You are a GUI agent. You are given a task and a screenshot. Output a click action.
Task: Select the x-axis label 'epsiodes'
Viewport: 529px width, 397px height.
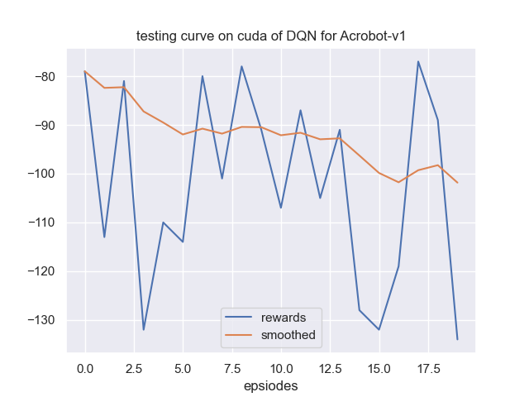click(271, 385)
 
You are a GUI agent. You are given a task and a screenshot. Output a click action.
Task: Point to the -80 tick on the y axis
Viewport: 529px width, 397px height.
click(45, 77)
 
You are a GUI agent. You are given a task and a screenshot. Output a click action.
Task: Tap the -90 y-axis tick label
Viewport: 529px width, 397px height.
click(45, 126)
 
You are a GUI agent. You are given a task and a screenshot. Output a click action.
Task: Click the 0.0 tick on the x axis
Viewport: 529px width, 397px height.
click(85, 366)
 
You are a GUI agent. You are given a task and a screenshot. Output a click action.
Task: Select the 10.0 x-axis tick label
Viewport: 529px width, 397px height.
click(281, 366)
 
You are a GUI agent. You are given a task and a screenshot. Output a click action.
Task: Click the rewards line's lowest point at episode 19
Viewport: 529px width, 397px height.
click(457, 339)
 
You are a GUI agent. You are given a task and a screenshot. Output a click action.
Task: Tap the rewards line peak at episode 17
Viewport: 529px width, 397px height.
click(418, 61)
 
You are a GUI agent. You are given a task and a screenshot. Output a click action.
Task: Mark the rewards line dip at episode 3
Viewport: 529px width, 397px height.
click(144, 330)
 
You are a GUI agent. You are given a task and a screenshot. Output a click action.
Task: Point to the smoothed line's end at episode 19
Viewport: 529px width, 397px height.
click(457, 183)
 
